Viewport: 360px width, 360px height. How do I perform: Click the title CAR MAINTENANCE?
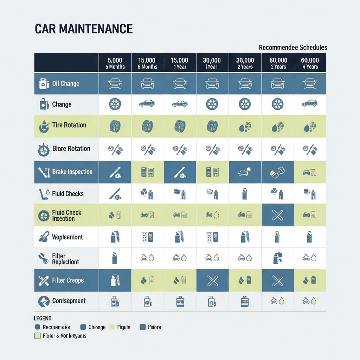tap(84, 29)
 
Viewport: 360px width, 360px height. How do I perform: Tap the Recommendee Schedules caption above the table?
tap(293, 47)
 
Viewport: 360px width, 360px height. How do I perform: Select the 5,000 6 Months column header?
tap(115, 63)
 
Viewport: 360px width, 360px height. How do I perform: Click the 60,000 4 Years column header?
tap(310, 63)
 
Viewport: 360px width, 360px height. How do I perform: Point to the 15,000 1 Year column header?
tap(179, 63)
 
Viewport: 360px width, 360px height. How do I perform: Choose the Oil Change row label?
tap(65, 84)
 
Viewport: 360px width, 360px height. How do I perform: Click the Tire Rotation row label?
tap(69, 125)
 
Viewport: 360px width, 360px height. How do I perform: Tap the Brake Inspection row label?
tap(72, 172)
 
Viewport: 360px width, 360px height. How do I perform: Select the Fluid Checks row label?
tap(68, 194)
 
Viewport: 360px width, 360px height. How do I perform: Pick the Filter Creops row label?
tap(68, 281)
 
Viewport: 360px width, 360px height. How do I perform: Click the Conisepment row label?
tap(69, 301)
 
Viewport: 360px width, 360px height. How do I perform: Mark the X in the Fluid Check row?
tap(278, 215)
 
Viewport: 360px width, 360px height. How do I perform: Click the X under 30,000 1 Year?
tap(212, 281)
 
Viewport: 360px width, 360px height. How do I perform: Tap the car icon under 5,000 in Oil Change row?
tap(115, 84)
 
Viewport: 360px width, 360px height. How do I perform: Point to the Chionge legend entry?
tap(93, 327)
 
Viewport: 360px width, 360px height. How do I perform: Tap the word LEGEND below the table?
tap(43, 318)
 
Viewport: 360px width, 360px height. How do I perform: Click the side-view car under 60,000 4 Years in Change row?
tap(310, 104)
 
